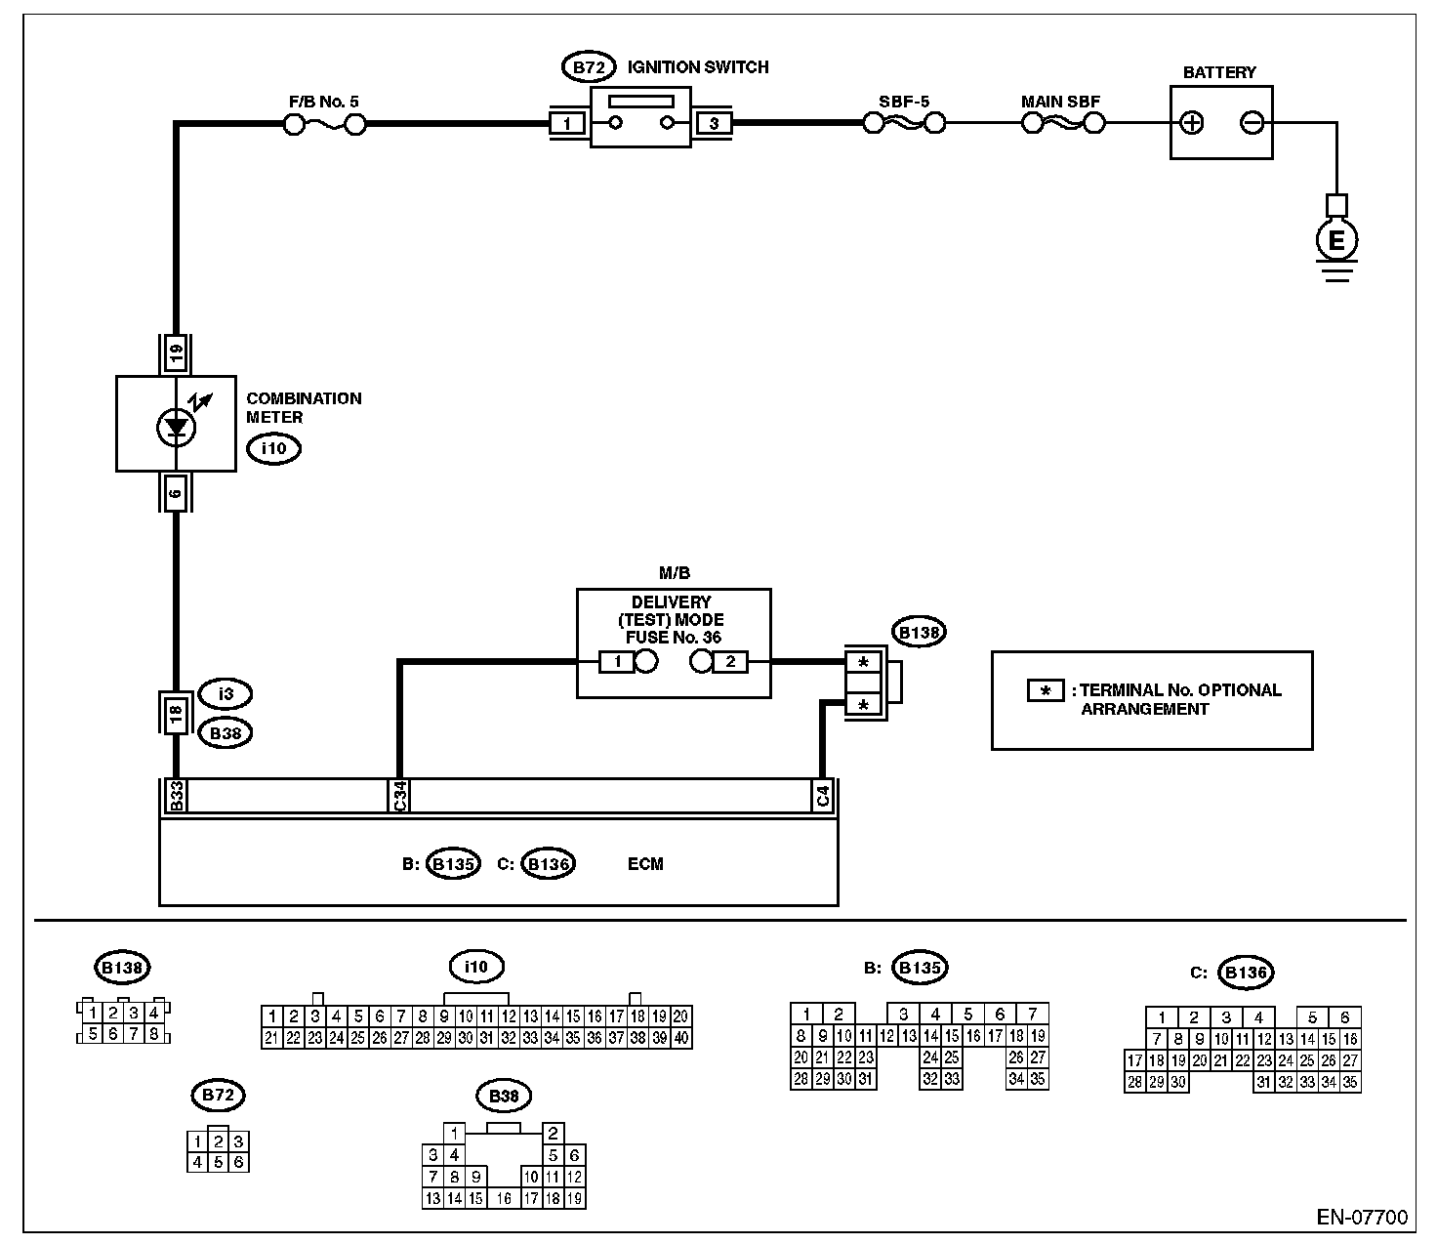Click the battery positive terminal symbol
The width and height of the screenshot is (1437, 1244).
[x=1192, y=123]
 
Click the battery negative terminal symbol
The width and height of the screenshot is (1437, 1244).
[x=1252, y=123]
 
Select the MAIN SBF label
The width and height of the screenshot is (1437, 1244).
[x=1060, y=102]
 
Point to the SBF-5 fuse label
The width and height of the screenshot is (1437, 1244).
[x=904, y=102]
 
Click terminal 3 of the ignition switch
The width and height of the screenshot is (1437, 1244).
[x=714, y=124]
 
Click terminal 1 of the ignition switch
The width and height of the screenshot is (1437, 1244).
[x=567, y=124]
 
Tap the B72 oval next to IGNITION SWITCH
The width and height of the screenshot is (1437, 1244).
[x=589, y=67]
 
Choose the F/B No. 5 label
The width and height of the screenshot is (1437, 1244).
[x=324, y=102]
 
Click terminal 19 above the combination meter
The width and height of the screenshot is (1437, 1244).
[x=176, y=353]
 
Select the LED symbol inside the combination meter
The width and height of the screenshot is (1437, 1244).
[x=176, y=427]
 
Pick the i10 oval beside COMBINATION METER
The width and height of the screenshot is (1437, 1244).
[x=274, y=448]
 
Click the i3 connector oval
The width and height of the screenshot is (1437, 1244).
[x=226, y=693]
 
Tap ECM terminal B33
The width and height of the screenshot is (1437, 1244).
[x=177, y=796]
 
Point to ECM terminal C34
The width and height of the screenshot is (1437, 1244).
[x=399, y=796]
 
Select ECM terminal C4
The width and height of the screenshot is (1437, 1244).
[x=823, y=796]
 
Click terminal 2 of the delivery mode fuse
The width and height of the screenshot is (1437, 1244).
[x=730, y=661]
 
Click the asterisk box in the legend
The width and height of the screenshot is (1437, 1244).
[x=1045, y=690]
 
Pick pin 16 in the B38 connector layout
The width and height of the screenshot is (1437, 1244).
[x=504, y=1198]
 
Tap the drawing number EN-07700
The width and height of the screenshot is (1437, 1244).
[x=1362, y=1217]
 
